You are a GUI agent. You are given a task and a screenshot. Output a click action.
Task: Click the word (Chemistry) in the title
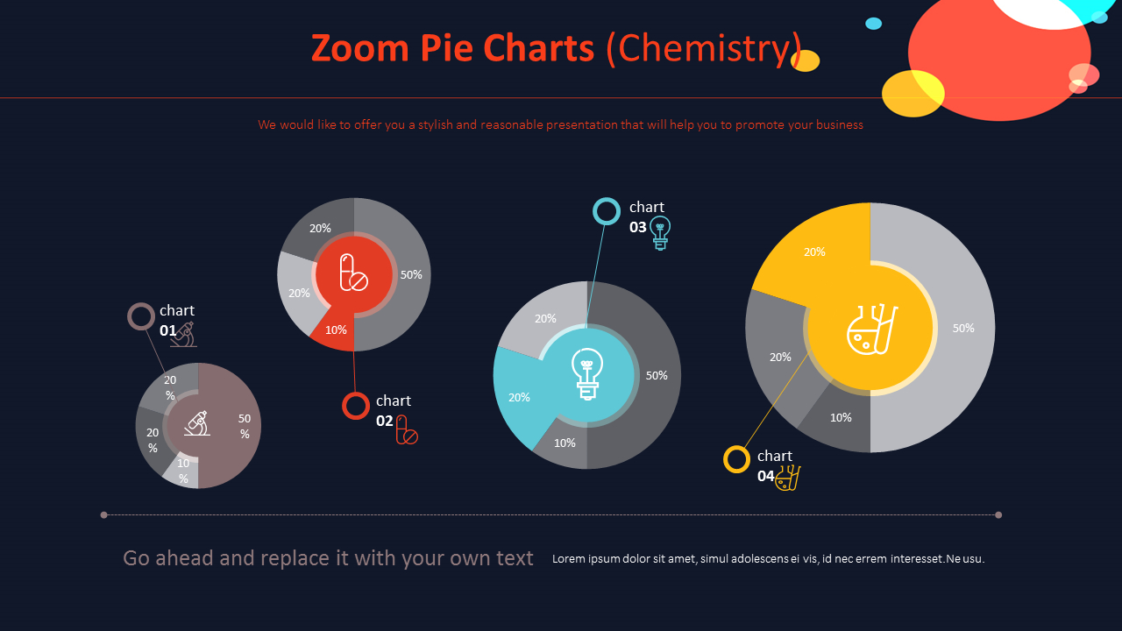tap(704, 49)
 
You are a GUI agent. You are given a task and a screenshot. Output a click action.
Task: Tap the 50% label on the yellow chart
tap(962, 328)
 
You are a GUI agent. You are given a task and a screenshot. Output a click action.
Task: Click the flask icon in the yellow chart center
tap(871, 329)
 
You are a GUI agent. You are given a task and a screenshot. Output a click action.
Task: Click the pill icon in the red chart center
tap(353, 273)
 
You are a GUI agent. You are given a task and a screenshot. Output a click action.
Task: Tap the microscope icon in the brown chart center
tap(197, 424)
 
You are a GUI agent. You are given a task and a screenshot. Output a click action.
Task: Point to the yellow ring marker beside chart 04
tap(736, 459)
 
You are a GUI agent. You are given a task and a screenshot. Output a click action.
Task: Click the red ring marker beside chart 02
tap(356, 406)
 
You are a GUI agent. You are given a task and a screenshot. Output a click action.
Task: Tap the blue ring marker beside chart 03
tap(607, 211)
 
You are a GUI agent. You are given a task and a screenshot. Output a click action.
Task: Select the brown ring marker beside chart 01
tap(141, 316)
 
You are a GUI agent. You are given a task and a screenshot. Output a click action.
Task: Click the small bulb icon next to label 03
tap(660, 233)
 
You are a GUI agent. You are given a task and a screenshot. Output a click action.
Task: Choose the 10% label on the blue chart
tap(565, 443)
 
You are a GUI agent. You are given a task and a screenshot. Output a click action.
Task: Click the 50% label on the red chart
tap(411, 274)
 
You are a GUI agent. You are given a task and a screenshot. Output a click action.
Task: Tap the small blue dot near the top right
tap(873, 24)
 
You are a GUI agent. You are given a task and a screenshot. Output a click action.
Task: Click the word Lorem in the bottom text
tap(568, 559)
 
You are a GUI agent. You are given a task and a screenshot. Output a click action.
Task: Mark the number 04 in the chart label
tap(765, 476)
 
